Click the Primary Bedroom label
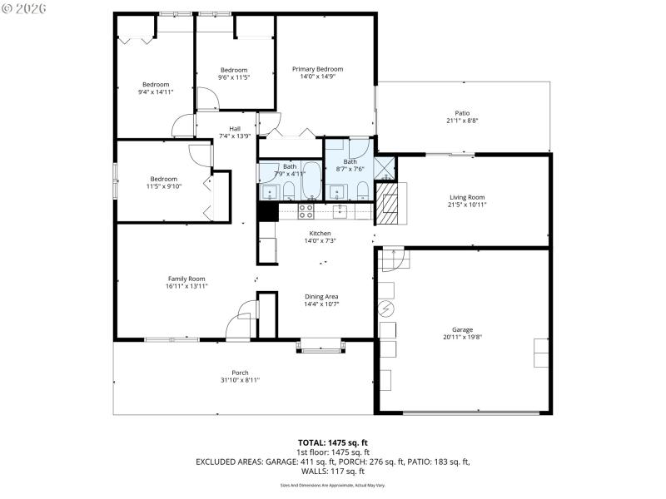[317, 69]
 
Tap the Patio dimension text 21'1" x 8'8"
[462, 121]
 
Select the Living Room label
[466, 197]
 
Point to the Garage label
[462, 329]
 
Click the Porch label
[240, 373]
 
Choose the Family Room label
[186, 279]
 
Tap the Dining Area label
[321, 296]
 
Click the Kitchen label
[321, 233]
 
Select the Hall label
[235, 128]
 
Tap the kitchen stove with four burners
[306, 211]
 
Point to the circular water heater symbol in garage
[385, 309]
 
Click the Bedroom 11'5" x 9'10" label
[164, 179]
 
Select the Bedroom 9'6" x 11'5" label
[234, 70]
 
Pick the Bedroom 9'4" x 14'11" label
[156, 84]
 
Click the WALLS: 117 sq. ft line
[332, 471]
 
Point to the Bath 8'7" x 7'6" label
[350, 161]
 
